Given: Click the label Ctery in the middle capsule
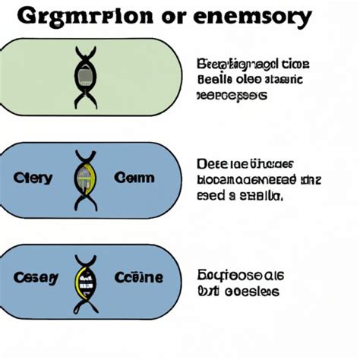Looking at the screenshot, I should (33, 178).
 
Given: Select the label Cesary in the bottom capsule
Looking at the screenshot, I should (35, 278).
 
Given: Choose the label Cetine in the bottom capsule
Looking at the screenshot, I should (137, 278).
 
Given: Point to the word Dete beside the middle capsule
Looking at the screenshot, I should (212, 163).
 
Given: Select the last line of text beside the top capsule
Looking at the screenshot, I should (232, 96).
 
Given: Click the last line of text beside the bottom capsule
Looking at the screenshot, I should (237, 291).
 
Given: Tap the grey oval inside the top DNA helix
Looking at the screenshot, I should (84, 75).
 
